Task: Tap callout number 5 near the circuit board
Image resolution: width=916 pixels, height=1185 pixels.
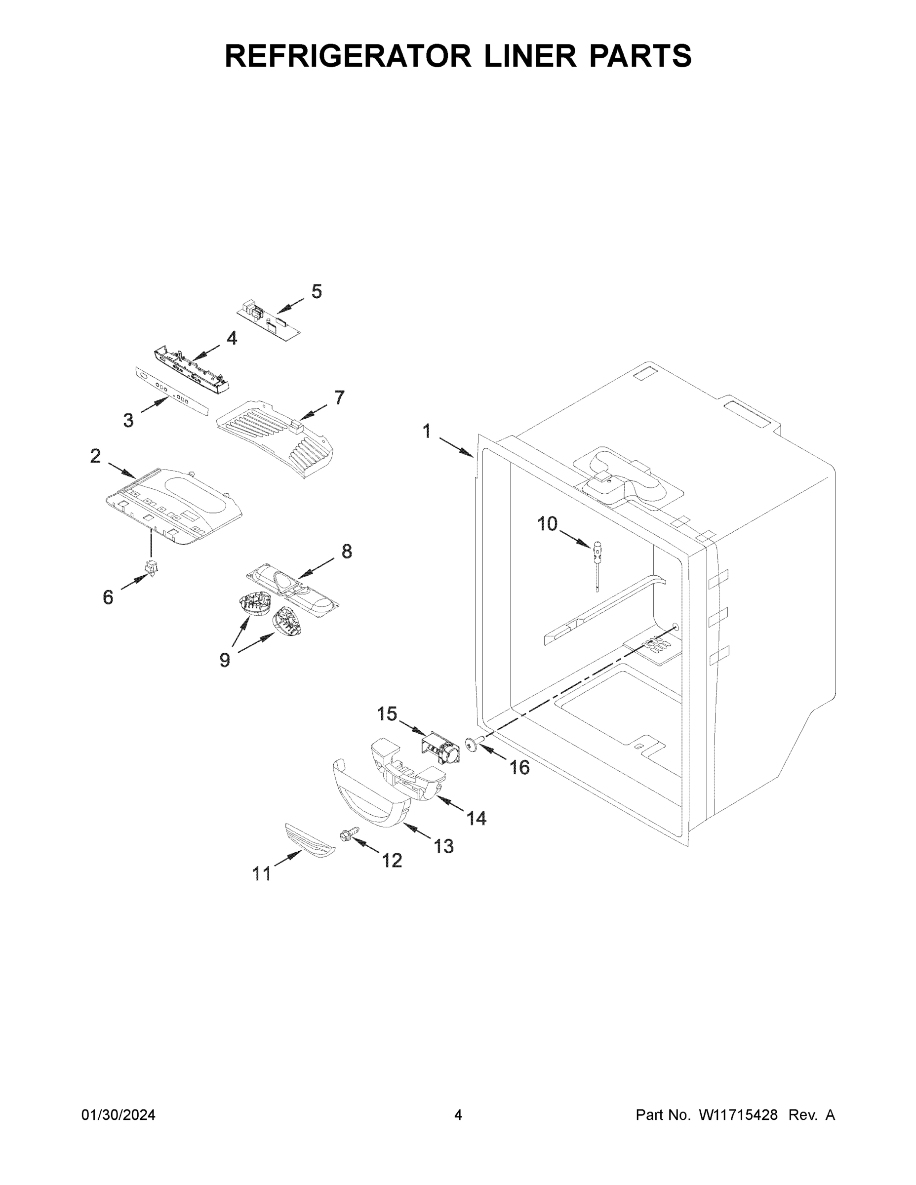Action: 317,291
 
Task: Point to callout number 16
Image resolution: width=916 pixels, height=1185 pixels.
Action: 519,767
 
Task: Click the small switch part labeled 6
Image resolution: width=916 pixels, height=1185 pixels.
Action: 151,567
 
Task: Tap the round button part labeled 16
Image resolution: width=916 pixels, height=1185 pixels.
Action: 471,745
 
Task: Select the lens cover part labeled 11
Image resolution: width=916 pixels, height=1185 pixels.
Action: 310,840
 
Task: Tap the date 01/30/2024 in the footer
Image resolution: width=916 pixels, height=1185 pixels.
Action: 119,1115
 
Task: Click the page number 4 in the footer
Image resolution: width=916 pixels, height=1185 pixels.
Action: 458,1115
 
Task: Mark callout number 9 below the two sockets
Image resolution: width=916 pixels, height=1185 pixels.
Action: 225,660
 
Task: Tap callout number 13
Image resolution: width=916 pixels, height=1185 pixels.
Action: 443,845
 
